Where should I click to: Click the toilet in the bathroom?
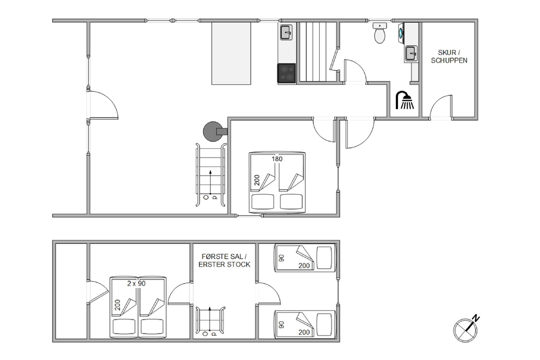tap(380, 33)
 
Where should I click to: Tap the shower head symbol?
tap(405, 100)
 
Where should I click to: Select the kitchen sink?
tap(286, 32)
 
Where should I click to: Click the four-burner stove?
tap(287, 73)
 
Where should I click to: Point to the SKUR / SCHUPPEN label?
tap(449, 57)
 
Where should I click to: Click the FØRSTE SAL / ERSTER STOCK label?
tap(224, 261)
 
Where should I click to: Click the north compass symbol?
tap(467, 329)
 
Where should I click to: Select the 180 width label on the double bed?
tap(277, 159)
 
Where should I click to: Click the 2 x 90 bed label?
tap(137, 283)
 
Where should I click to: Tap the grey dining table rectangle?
tap(231, 53)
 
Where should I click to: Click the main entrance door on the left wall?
tap(103, 105)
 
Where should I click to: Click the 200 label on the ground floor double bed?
tap(257, 180)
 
